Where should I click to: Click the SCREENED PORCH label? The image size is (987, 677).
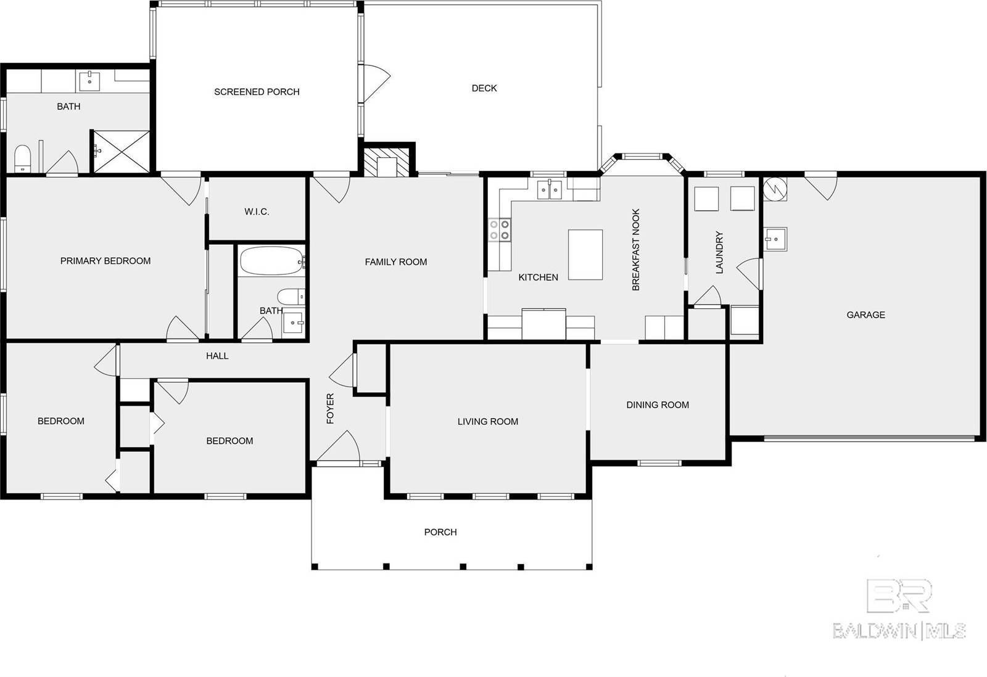tap(257, 92)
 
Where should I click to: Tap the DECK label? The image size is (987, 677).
tap(484, 88)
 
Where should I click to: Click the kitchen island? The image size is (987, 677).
tap(585, 255)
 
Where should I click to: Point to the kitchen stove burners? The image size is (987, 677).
tap(500, 230)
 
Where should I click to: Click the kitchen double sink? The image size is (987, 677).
tap(550, 190)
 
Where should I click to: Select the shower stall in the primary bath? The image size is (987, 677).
tap(121, 151)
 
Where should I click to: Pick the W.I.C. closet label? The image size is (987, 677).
tap(257, 211)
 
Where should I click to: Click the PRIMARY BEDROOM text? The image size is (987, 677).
tap(105, 261)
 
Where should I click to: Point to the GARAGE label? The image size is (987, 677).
tap(865, 314)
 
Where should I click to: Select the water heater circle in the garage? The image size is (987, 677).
tap(775, 189)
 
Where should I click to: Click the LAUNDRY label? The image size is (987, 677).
tap(719, 253)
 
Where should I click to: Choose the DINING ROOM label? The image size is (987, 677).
tap(658, 404)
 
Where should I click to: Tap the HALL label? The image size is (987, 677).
tap(217, 356)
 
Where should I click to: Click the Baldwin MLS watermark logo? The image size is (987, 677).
tap(899, 610)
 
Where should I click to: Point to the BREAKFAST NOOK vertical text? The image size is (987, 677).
tap(636, 250)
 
